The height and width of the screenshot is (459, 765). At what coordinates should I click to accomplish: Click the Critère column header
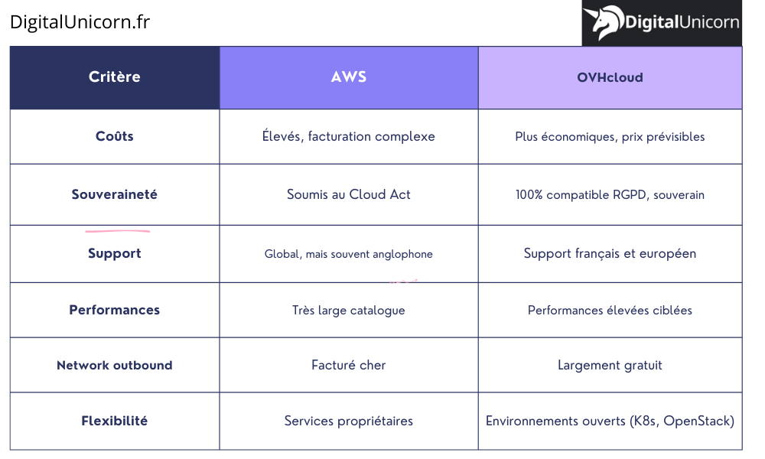[115, 77]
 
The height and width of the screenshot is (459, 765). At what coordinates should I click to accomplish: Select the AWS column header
[349, 77]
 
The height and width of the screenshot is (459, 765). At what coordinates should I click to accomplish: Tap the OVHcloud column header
[610, 77]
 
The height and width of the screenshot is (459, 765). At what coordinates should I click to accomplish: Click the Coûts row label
[115, 136]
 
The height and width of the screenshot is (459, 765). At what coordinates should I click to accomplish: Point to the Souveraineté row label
[115, 194]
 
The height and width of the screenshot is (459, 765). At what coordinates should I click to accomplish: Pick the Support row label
[115, 253]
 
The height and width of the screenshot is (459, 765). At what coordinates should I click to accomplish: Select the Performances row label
[115, 310]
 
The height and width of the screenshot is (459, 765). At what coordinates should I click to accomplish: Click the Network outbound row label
[115, 365]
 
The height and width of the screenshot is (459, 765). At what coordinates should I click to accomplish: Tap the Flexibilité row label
[115, 421]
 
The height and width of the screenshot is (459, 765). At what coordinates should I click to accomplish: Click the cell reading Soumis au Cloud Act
[349, 194]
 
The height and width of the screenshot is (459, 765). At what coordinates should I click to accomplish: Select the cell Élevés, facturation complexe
[349, 136]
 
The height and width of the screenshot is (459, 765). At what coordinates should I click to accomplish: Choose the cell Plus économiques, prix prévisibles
[610, 137]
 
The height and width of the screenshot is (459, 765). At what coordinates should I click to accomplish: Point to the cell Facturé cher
[349, 365]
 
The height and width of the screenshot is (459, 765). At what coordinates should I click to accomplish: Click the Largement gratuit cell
[610, 365]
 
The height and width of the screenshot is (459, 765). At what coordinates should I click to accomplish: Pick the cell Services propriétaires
[349, 421]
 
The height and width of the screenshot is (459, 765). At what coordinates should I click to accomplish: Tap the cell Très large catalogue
[349, 310]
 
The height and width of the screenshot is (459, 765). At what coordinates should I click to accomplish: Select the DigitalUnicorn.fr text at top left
[80, 22]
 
